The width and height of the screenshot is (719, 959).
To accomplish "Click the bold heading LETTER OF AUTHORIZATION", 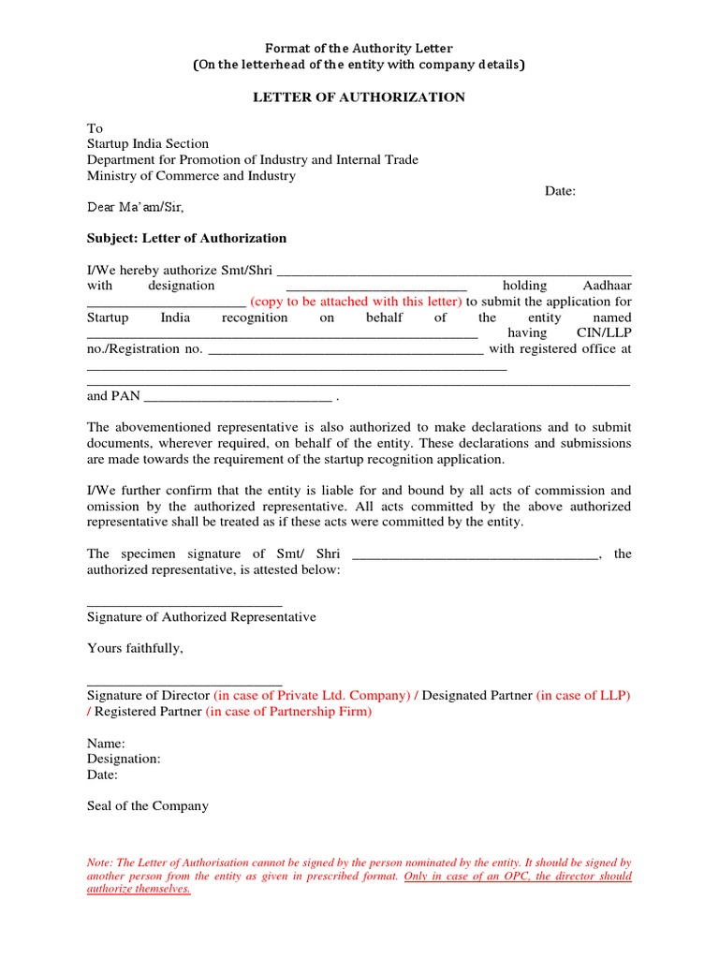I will (x=359, y=97).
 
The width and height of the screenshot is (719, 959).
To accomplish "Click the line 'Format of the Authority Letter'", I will (x=359, y=48).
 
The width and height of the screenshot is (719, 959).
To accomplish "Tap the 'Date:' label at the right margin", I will (x=560, y=191).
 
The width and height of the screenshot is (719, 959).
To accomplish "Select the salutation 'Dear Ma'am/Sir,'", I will (x=141, y=207).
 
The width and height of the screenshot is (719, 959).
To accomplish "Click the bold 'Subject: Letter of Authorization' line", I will (x=186, y=238).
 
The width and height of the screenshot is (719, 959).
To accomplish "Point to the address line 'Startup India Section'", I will (x=148, y=143).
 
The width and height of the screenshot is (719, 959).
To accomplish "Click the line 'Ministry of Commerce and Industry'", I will (x=191, y=175).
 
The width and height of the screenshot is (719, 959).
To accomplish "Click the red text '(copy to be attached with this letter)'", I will (x=356, y=302).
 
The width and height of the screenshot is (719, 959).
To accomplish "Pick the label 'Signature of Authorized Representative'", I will (x=201, y=617).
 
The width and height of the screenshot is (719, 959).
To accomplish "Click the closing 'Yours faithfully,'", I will (x=135, y=648).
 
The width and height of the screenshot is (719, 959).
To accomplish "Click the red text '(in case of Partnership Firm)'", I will (x=288, y=712).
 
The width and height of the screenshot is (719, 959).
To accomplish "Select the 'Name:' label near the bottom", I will (x=106, y=743).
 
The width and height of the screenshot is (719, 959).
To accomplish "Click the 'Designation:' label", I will (x=124, y=759).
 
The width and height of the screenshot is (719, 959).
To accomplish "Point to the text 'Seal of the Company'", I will (x=148, y=805).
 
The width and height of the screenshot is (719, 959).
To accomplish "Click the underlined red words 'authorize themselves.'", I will (x=139, y=890).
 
